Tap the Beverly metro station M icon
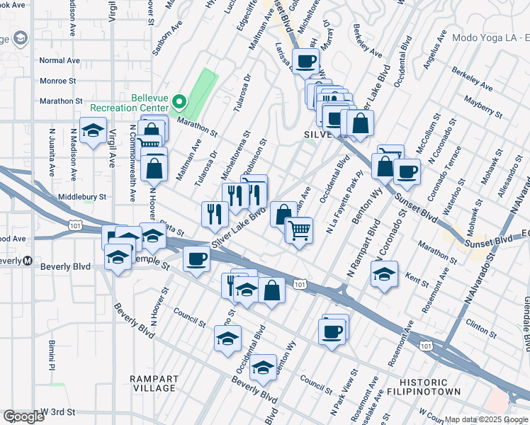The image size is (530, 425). point(27,260)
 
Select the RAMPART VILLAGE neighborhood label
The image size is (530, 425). point(154,383)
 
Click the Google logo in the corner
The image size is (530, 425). point(24,416)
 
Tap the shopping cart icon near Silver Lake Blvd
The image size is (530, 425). point(299,229)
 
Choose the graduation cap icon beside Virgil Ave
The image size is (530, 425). point(93,131)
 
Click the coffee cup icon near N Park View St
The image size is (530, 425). point(331,331)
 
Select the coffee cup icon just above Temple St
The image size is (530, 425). point(196,259)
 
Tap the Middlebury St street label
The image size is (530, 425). point(82,196)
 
